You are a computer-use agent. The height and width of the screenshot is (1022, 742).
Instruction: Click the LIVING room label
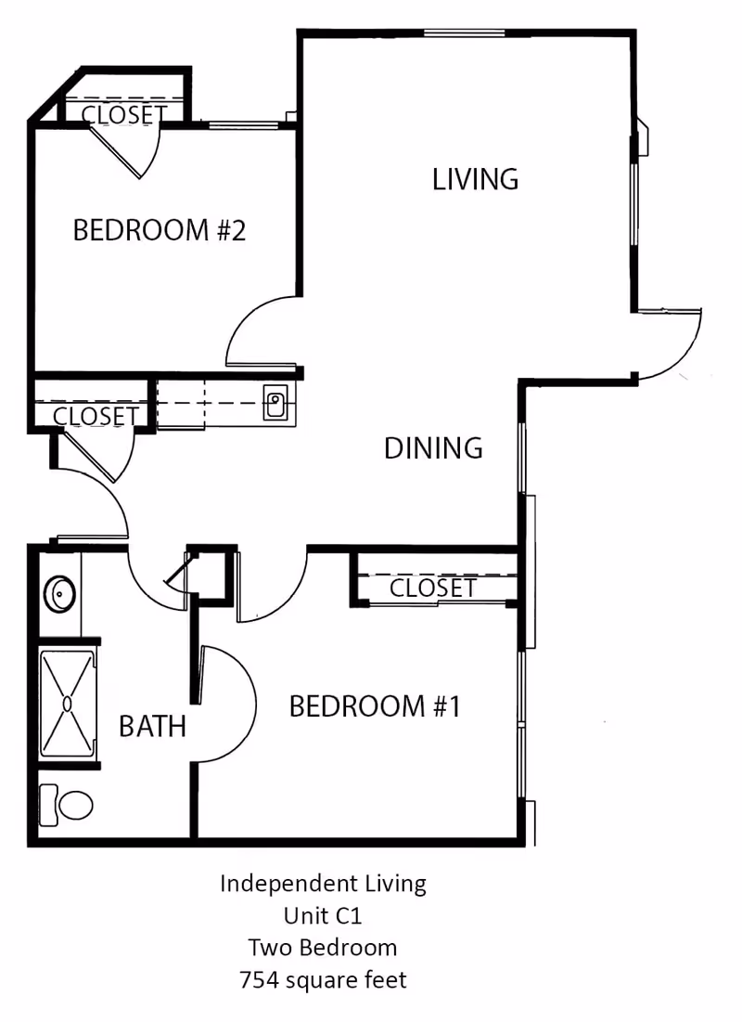point(475,178)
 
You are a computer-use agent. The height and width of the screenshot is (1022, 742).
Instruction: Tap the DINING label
point(433,448)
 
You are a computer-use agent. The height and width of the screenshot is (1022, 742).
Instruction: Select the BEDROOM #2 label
point(159,229)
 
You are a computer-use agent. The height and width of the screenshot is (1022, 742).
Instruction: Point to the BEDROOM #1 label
point(375,706)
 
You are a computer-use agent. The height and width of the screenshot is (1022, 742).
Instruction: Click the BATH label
point(152,726)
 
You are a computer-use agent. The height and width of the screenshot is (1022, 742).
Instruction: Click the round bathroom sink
point(60,591)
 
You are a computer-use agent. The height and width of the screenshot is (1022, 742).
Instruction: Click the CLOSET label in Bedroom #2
point(124,114)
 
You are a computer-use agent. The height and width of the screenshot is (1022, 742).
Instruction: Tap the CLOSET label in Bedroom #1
point(432,588)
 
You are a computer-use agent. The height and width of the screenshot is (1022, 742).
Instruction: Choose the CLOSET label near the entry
point(96,417)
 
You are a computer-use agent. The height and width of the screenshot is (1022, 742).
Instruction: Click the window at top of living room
point(464,33)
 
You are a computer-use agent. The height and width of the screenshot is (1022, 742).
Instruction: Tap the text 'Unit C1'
point(323,916)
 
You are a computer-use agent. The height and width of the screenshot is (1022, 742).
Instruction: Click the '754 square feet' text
point(323,979)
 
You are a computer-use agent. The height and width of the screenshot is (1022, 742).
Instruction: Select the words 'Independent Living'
point(323,884)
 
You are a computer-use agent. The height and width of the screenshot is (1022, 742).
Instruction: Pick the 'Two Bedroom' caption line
point(323,948)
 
